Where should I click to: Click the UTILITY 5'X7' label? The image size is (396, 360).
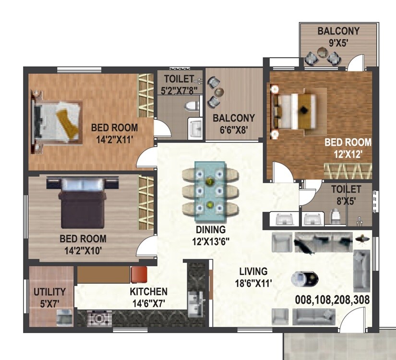tap(49, 297)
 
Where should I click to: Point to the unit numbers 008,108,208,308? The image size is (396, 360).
tap(333, 300)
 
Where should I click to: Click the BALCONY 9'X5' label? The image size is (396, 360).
tap(338, 36)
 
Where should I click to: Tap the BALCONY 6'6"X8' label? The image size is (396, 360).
tap(234, 123)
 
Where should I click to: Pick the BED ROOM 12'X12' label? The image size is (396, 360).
tap(348, 148)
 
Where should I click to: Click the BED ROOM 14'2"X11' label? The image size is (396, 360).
tap(114, 133)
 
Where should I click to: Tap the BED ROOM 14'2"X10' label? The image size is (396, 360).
tap(83, 244)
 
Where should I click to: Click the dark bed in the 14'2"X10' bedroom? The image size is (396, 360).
tap(82, 202)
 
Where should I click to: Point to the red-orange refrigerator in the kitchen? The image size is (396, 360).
tap(139, 274)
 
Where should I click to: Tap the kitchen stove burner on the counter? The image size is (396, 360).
tap(99, 317)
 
